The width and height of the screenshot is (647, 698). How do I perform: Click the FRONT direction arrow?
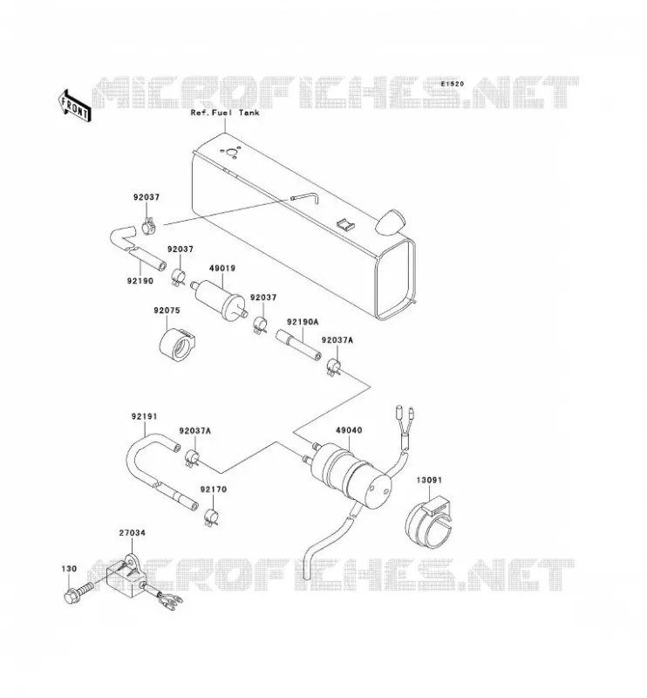74,106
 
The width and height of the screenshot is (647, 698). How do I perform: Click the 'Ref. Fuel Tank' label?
225,113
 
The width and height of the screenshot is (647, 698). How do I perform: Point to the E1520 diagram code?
453,84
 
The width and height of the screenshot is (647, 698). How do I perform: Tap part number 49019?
222,269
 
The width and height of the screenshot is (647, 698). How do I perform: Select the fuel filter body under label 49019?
220,298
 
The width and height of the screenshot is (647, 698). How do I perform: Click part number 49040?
349,430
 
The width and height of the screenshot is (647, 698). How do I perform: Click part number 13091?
429,481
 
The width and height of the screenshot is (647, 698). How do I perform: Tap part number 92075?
167,311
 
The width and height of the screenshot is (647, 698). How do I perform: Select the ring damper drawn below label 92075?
177,345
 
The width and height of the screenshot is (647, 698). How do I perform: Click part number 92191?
144,417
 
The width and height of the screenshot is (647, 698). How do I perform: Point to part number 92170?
213,489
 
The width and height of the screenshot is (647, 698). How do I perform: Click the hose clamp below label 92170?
211,517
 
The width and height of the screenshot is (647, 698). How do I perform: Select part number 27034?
133,533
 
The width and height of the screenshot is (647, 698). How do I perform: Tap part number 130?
69,569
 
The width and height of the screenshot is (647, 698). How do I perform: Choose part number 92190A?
303,322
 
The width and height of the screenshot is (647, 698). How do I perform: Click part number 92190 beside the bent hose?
140,281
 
